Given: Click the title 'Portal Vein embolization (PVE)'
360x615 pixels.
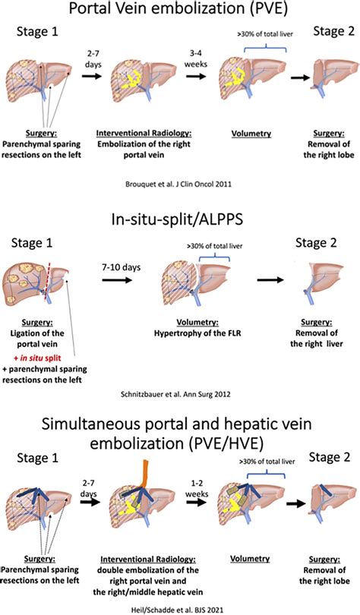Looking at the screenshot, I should coord(180,11).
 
